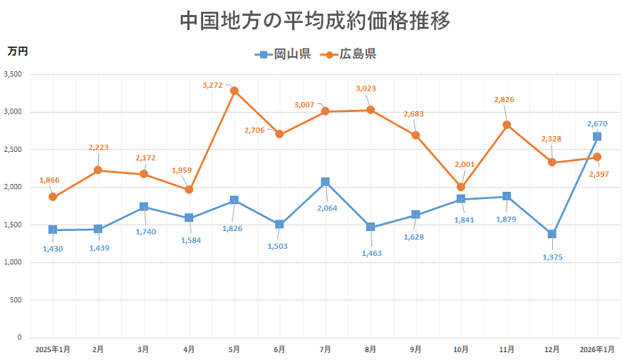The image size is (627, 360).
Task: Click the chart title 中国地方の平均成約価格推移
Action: (x=314, y=20)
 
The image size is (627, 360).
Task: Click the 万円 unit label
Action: (x=18, y=51)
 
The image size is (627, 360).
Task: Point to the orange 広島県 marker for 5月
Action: (x=234, y=91)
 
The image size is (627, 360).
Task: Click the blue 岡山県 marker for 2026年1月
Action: (x=597, y=136)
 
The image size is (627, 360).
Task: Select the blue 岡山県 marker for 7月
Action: (x=325, y=182)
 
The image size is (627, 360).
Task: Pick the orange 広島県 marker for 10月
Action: (x=461, y=187)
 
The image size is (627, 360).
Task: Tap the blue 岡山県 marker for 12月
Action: (x=551, y=234)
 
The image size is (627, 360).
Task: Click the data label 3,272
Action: (x=212, y=85)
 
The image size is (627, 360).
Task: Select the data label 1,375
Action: (x=551, y=258)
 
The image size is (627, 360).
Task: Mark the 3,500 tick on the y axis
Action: (x=13, y=74)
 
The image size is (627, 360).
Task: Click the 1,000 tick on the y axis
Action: (x=13, y=262)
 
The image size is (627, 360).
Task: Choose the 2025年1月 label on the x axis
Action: (x=53, y=349)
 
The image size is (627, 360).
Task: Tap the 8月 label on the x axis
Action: (x=370, y=349)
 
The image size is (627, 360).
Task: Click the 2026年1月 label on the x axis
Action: (x=597, y=349)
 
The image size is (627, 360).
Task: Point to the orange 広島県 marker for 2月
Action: (x=98, y=170)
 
